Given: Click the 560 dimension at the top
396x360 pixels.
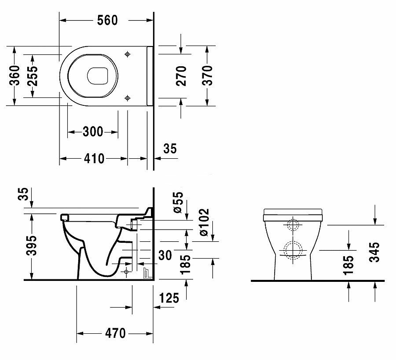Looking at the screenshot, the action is tap(107, 20).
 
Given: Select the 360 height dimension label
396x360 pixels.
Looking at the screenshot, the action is tap(15, 75).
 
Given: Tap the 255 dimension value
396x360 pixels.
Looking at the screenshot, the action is tap(32, 76).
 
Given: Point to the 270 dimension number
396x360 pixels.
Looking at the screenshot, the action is tap(181, 76).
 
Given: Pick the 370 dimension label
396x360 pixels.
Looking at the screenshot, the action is tap(207, 76).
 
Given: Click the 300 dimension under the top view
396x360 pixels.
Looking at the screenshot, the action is tap(93, 132).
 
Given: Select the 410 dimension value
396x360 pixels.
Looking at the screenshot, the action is tap(94, 158).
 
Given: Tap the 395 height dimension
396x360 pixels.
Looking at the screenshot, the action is tap(32, 245).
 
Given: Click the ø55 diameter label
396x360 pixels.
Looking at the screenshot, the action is tap(178, 202).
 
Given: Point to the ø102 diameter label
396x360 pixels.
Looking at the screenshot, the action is tap(204, 222).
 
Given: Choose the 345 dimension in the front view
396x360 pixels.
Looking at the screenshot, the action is tap(374, 252).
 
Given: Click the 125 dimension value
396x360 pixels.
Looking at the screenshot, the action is tap(169, 298).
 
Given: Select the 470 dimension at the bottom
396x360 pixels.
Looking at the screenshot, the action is tap(115, 333).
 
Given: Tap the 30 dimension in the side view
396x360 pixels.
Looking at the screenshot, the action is tap(165, 255).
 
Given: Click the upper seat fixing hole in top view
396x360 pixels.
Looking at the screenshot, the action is tap(128, 54).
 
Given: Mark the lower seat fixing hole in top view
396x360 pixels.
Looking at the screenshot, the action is tap(128, 98).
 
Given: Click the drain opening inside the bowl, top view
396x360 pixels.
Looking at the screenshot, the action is tap(98, 76).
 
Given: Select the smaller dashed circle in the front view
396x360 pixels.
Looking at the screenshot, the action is tap(293, 225).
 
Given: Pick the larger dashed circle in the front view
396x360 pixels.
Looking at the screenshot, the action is tap(293, 250).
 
